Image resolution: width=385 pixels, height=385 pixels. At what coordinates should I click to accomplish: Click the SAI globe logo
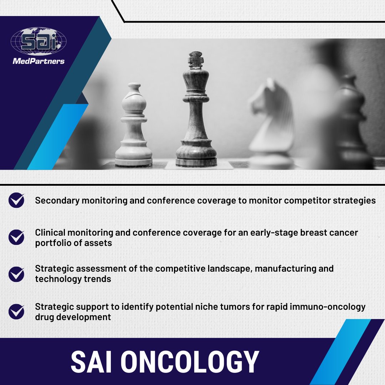pyautogui.click(x=38, y=42)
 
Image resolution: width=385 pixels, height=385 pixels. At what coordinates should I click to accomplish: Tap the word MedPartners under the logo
pyautogui.click(x=38, y=61)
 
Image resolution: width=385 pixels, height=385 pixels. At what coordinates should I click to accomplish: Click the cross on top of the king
pyautogui.click(x=195, y=59)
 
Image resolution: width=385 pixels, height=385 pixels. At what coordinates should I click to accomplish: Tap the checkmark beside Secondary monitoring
pyautogui.click(x=16, y=200)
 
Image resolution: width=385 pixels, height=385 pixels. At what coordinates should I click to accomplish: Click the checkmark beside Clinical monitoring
pyautogui.click(x=16, y=237)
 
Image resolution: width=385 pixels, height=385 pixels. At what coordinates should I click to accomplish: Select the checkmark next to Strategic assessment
pyautogui.click(x=16, y=273)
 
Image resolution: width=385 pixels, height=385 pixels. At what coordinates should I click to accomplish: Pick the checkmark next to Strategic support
pyautogui.click(x=16, y=311)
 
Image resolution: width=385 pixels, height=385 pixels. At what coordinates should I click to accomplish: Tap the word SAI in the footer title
pyautogui.click(x=92, y=362)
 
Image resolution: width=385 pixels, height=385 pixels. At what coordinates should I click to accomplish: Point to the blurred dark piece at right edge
pyautogui.click(x=351, y=118)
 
